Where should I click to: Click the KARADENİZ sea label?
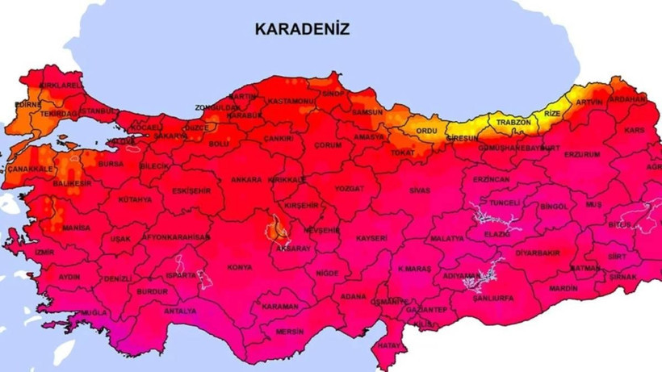[302, 29]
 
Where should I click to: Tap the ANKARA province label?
[247, 179]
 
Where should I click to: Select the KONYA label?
[240, 267]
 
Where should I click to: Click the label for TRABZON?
[513, 123]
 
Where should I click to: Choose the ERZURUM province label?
[582, 154]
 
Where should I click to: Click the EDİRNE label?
[27, 104]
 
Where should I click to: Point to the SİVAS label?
[419, 190]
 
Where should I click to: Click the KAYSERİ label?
[371, 238]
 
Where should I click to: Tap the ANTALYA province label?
[179, 311]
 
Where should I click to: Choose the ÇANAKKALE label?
[30, 169]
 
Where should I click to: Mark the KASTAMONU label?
[292, 101]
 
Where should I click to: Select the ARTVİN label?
[589, 102]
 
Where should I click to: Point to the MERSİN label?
[289, 331]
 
